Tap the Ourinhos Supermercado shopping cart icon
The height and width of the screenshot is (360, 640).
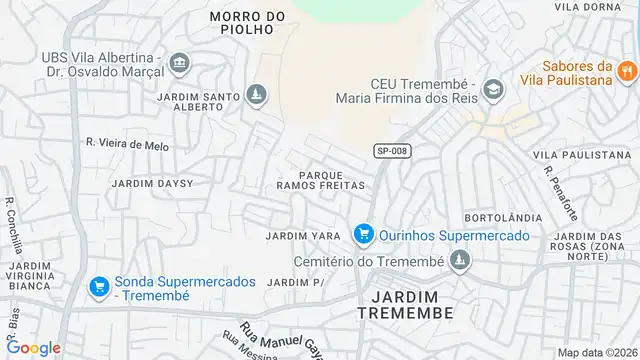[364, 234]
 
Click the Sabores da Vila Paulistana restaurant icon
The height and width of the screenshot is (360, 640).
[627, 69]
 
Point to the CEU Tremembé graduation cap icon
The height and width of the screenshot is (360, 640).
[492, 90]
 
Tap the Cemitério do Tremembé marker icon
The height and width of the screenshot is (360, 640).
[460, 262]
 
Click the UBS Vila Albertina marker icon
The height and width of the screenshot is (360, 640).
[179, 64]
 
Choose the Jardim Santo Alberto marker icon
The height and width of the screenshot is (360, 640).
[257, 96]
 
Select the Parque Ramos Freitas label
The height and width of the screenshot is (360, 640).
[320, 179]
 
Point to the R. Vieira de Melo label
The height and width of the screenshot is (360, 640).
[127, 144]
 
